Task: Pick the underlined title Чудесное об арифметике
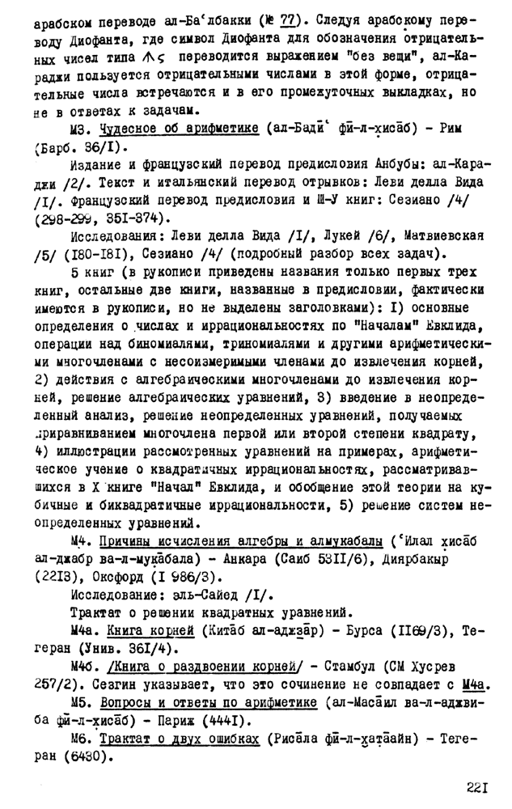point(178,129)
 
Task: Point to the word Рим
point(463,129)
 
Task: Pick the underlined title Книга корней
point(148,636)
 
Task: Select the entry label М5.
point(81,702)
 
